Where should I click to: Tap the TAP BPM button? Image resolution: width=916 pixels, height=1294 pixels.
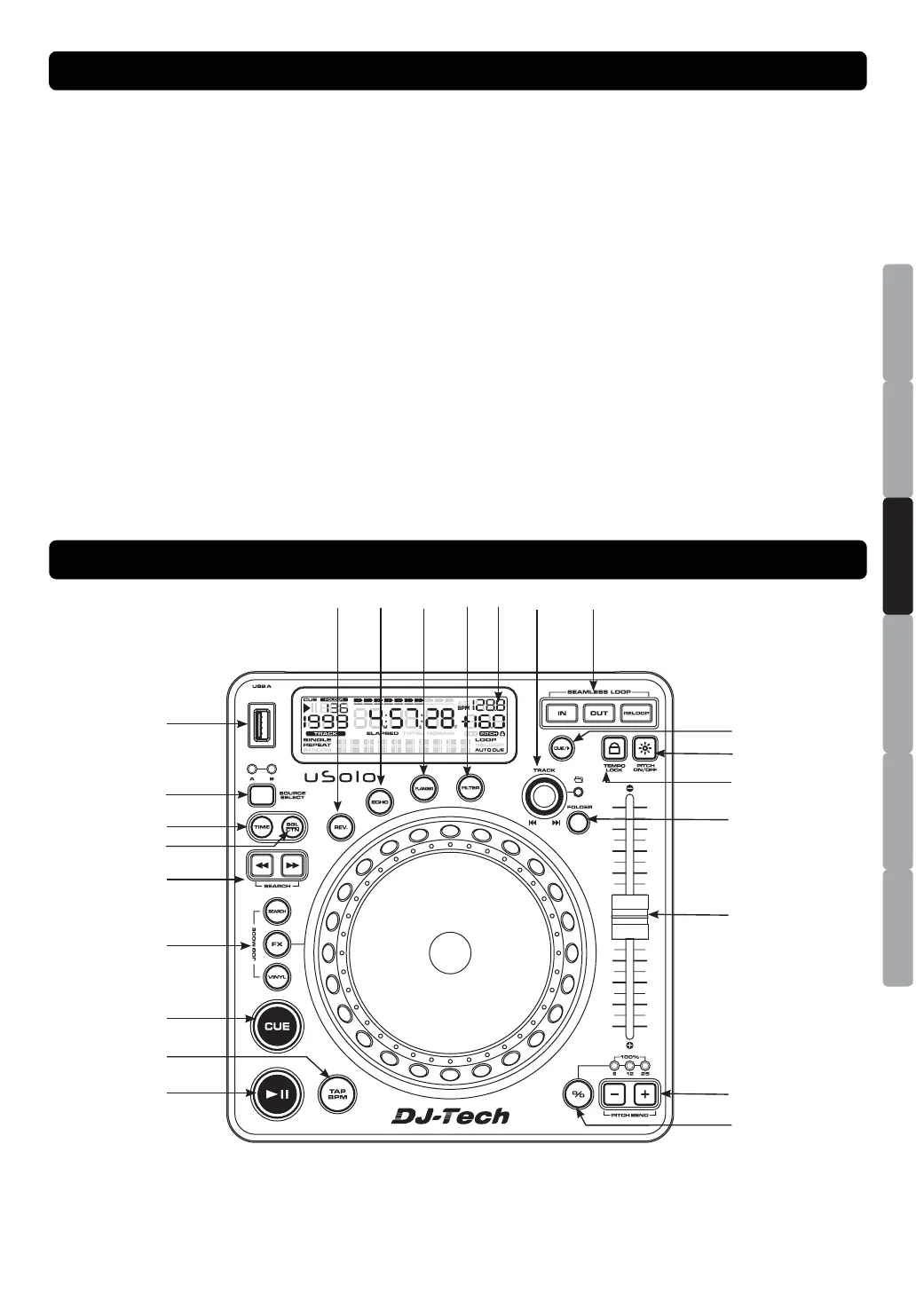click(x=337, y=1094)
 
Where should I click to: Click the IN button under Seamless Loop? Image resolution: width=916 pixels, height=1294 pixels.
click(x=562, y=713)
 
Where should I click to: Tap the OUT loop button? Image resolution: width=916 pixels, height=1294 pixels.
click(x=599, y=713)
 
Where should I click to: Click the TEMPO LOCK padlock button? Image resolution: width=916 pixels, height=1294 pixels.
click(x=614, y=747)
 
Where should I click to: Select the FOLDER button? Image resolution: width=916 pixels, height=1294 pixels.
click(x=579, y=821)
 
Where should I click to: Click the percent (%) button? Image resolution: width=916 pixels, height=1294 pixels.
click(x=578, y=1095)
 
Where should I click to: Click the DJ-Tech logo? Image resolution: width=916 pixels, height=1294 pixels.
click(x=451, y=1116)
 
